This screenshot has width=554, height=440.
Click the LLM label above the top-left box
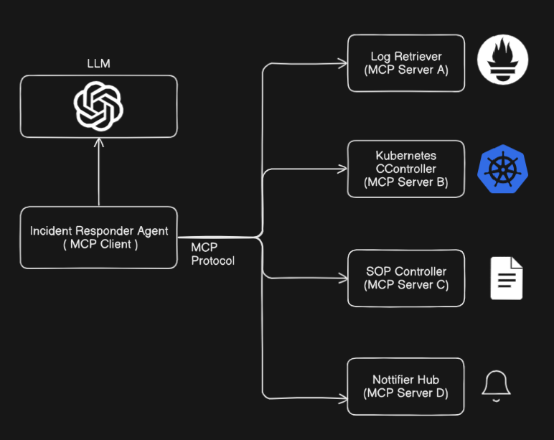[98, 64]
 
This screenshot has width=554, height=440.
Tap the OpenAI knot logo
[99, 106]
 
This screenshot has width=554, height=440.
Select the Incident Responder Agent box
[98, 238]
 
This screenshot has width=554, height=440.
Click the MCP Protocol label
[212, 254]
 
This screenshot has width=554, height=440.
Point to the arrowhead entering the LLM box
[99, 142]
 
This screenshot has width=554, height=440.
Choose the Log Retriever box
[406, 63]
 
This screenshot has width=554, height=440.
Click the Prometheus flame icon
[503, 61]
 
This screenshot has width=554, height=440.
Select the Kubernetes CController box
[406, 169]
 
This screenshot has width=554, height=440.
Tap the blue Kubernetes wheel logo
[502, 169]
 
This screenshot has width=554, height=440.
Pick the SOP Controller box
[406, 278]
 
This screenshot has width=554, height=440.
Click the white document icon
[507, 278]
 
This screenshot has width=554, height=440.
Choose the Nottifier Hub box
[406, 386]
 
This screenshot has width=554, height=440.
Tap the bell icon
[496, 385]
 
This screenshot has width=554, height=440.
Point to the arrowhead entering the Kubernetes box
[343, 170]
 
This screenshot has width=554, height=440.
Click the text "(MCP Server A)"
[406, 70]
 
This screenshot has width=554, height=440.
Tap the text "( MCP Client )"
[98, 245]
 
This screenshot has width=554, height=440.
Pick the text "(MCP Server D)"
[406, 393]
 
